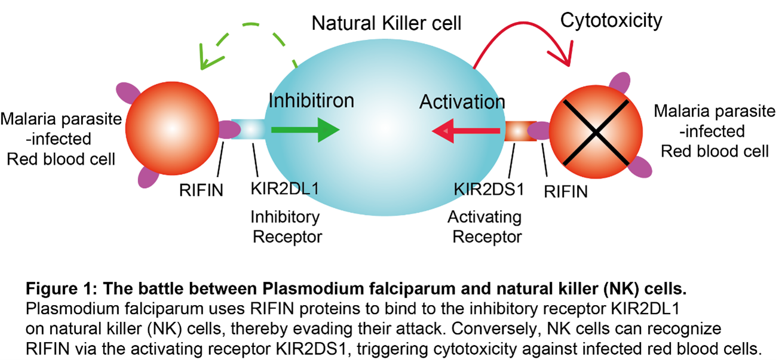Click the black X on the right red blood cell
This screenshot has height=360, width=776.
(594, 132)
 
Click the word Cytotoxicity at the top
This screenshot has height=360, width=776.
(611, 21)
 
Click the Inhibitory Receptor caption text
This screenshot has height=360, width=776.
(286, 226)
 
